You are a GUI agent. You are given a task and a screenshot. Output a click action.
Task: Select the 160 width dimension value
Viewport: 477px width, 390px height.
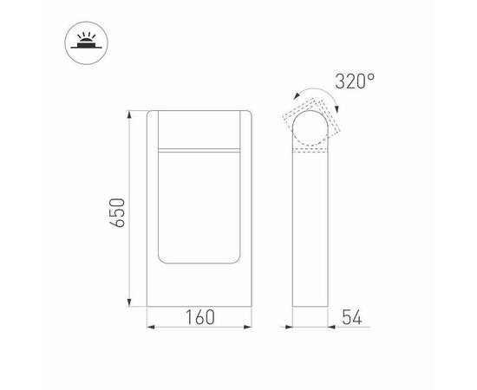[199, 318]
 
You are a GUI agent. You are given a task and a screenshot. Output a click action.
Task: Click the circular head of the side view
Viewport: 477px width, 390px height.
[310, 129]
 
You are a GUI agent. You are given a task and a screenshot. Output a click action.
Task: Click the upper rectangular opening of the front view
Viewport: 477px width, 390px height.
[199, 130]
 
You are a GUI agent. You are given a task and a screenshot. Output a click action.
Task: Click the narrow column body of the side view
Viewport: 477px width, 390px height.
[310, 234]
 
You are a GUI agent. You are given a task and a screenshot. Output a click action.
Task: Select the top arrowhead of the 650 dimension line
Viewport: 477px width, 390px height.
[130, 114]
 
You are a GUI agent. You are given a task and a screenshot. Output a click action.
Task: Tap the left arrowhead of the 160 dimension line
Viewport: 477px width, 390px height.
[149, 328]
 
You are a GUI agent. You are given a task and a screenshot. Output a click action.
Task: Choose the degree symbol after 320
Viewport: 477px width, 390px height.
[371, 77]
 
